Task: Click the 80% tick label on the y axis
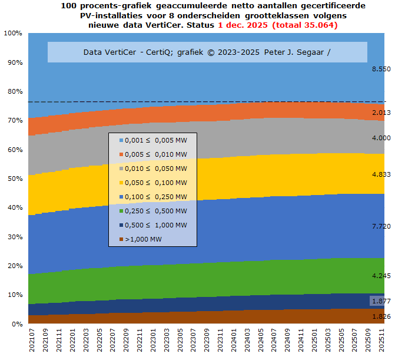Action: [x=14, y=91]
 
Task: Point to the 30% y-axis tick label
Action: [x=14, y=237]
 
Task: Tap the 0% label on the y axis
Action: [x=16, y=324]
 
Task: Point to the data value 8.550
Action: [x=381, y=69]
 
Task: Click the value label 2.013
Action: [x=381, y=113]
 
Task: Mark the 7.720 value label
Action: [x=381, y=226]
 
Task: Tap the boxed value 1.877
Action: [x=381, y=301]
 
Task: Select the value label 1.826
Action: [x=381, y=316]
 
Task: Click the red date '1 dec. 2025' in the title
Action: [x=243, y=25]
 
